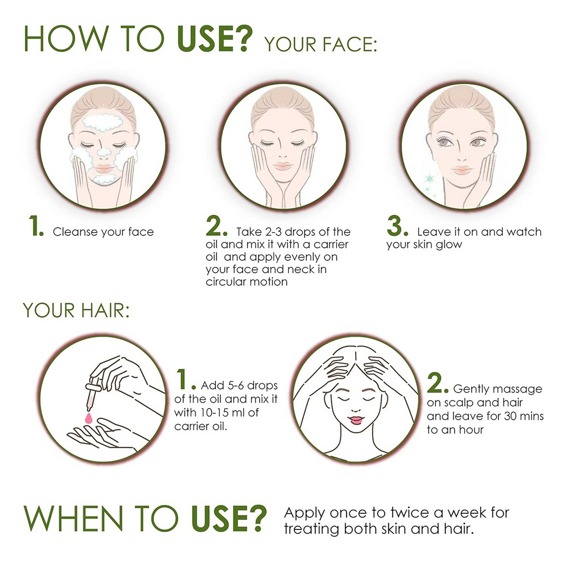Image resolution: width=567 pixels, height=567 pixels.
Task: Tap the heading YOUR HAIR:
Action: [76, 311]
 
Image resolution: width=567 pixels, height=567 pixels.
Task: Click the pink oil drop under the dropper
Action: [89, 418]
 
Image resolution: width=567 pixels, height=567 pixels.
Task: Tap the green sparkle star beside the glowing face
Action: [430, 179]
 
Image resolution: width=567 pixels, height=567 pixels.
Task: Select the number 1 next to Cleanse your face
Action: [36, 226]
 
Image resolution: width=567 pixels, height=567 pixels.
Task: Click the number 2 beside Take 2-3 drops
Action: [217, 226]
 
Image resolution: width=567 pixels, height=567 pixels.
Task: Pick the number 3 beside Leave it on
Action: [397, 226]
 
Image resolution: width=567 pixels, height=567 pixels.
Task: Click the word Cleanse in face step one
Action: [75, 232]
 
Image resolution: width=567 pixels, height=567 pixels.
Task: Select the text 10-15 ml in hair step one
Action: [224, 413]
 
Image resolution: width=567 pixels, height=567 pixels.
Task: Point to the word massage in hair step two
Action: [520, 389]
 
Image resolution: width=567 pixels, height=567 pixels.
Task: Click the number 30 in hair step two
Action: [510, 416]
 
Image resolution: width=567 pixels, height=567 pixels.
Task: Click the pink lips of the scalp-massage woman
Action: [356, 420]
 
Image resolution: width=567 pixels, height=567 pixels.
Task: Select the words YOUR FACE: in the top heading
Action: [321, 44]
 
